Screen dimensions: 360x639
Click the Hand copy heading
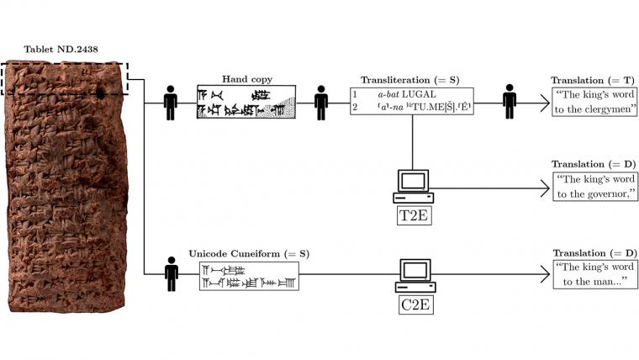(x=246, y=79)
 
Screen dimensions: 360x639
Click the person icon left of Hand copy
(x=171, y=102)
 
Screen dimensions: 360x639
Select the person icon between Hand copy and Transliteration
(x=320, y=102)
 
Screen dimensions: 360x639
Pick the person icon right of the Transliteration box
(x=509, y=102)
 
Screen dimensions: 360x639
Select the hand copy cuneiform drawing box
(x=246, y=102)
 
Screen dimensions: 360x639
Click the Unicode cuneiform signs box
(x=249, y=275)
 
